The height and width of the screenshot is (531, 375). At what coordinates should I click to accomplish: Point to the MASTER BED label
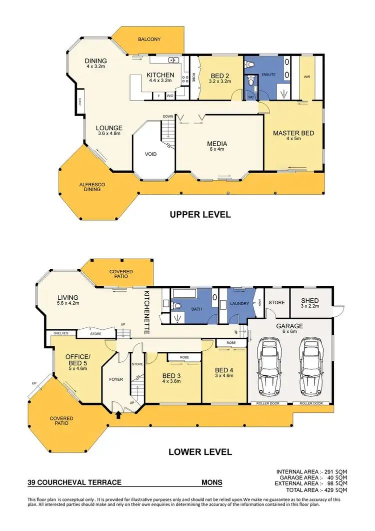pos(293,133)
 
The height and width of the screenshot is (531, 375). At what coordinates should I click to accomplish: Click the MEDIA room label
pos(217,144)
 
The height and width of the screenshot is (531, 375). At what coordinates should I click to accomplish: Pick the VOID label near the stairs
pos(151,154)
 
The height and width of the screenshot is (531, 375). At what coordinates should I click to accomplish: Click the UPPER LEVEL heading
pos(200,215)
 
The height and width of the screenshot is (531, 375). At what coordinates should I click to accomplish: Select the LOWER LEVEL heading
pos(200,452)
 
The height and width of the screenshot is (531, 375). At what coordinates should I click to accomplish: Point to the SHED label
pos(309,300)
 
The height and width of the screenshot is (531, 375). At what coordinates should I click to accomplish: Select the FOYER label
pos(116,379)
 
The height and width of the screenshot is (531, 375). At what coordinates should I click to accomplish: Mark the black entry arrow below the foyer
pos(118,414)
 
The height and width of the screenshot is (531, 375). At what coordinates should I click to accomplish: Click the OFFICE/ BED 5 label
pos(77,360)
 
